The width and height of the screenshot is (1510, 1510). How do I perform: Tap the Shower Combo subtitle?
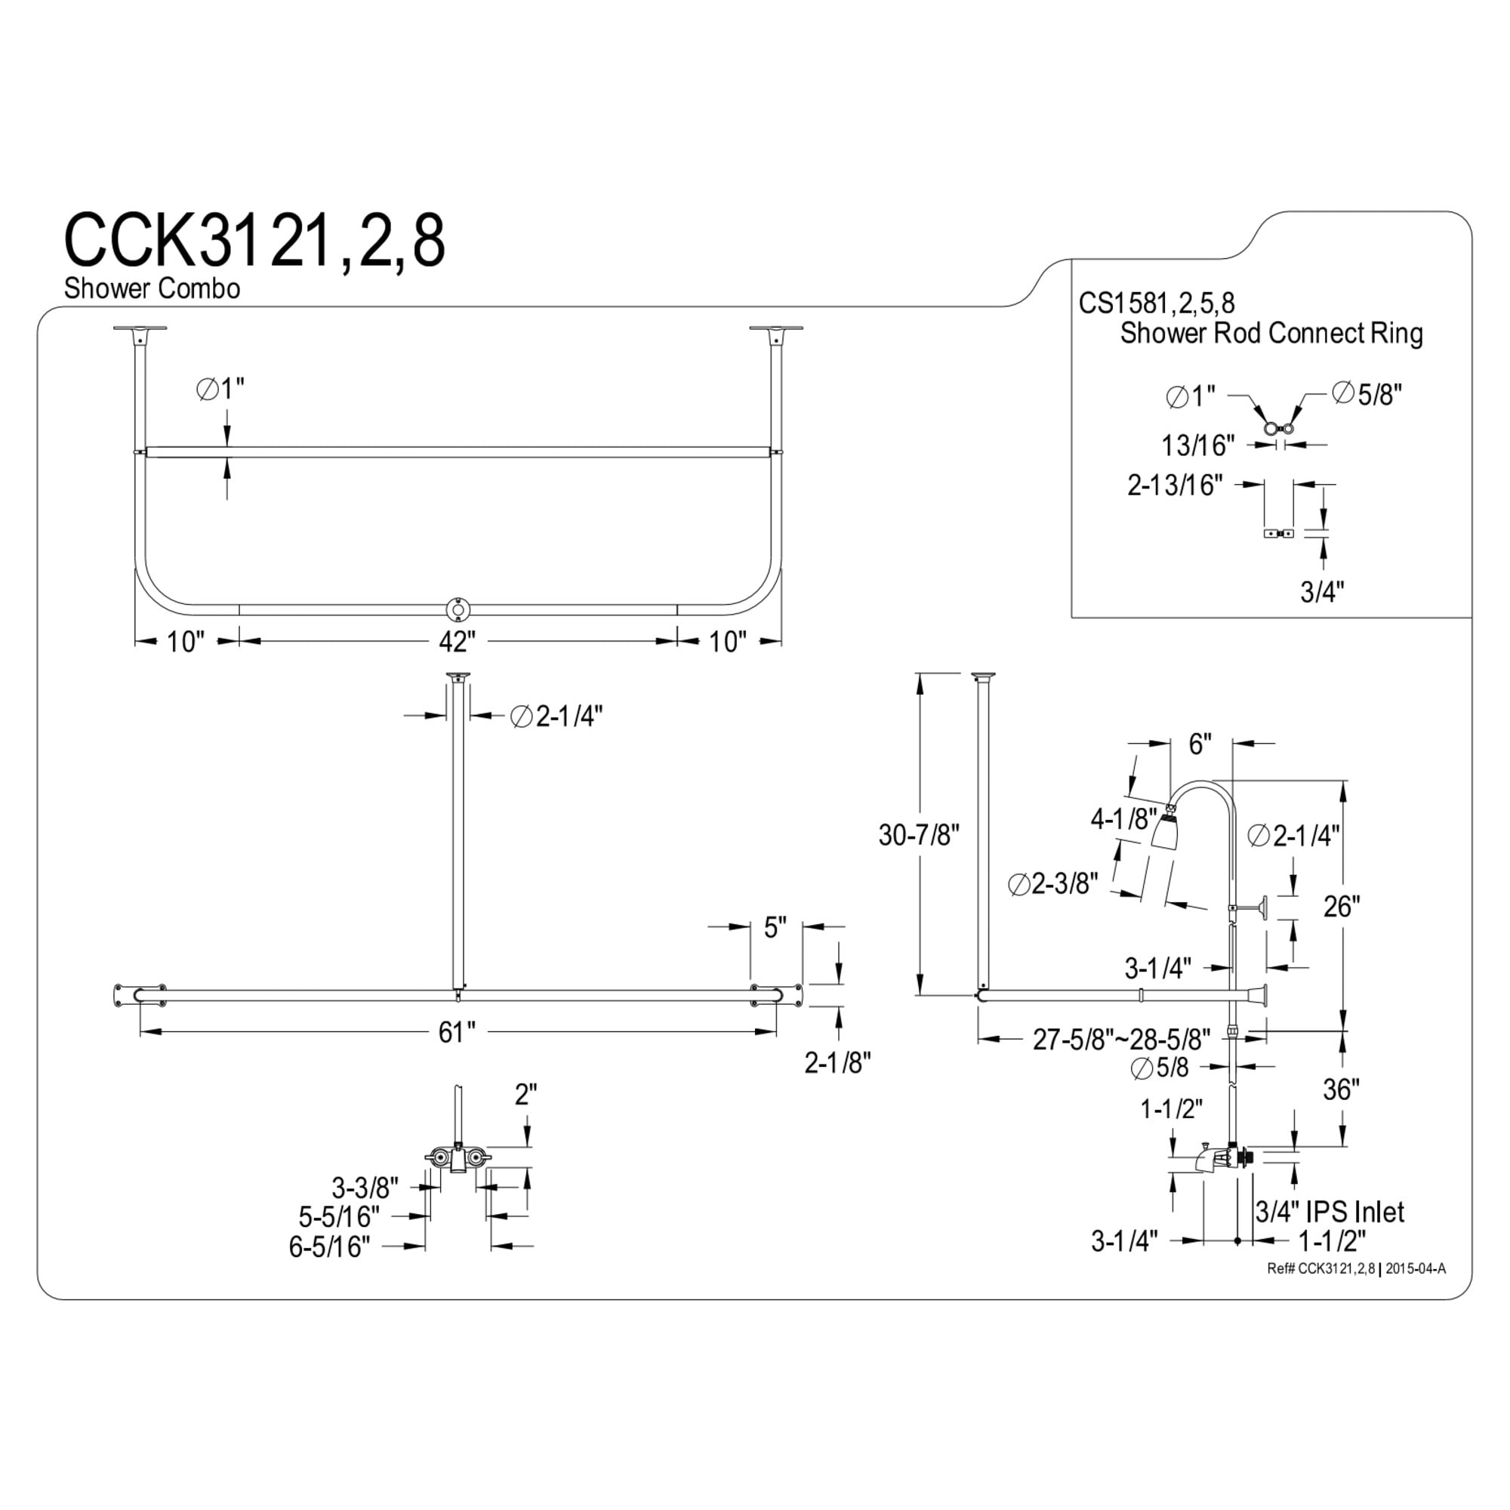click(x=152, y=288)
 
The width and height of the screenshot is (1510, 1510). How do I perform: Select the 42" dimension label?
click(x=458, y=642)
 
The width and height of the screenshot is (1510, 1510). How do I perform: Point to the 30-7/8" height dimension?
click(x=918, y=836)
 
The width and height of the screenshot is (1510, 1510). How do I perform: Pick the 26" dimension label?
click(x=1342, y=907)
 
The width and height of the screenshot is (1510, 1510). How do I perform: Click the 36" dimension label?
click(x=1341, y=1089)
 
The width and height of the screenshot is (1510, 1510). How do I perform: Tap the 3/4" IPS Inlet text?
click(x=1330, y=1213)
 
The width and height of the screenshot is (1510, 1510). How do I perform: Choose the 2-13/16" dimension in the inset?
click(x=1175, y=485)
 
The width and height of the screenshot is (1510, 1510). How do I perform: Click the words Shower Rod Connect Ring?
click(x=1271, y=334)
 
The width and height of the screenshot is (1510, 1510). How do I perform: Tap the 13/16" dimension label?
click(x=1198, y=445)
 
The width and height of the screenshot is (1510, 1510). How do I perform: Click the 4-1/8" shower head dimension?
click(x=1124, y=818)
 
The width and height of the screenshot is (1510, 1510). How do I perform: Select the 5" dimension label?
click(x=775, y=928)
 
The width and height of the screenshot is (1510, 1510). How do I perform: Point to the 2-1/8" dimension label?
click(x=838, y=1062)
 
